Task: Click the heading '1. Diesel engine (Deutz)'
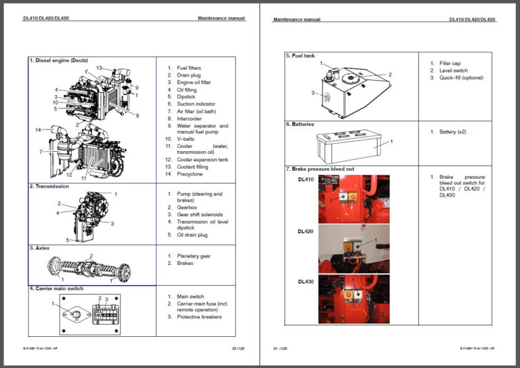tap(58, 60)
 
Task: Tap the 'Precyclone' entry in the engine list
tap(190, 174)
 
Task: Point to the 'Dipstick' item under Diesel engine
tap(186, 97)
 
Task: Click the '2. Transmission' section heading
tap(49, 186)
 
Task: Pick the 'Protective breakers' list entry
tap(199, 316)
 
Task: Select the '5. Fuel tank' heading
tap(300, 56)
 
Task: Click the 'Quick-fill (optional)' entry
tap(456, 78)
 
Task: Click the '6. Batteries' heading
tap(300, 124)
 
